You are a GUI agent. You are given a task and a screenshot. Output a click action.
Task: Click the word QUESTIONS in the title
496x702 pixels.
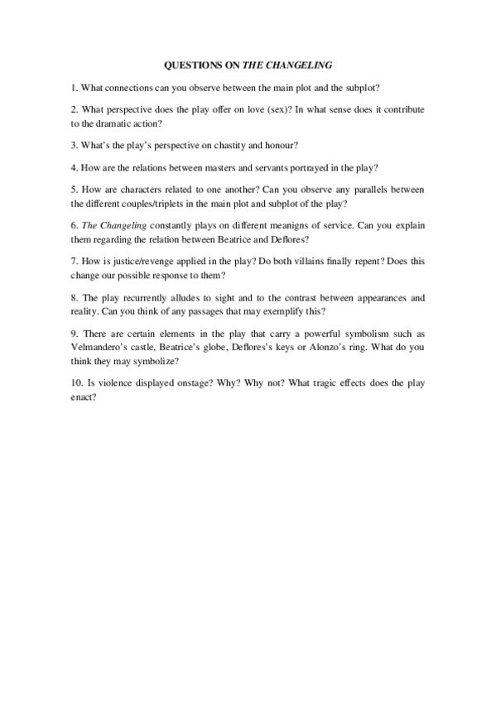tap(189, 63)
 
